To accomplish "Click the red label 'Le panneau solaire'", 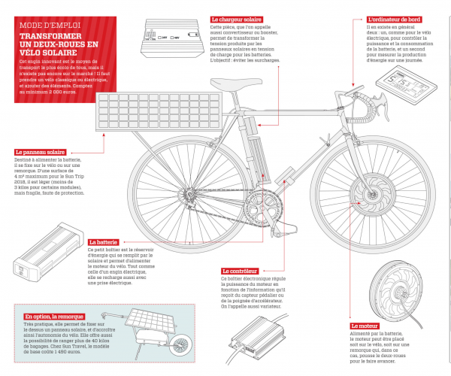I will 44,152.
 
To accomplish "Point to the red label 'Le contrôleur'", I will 240,271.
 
